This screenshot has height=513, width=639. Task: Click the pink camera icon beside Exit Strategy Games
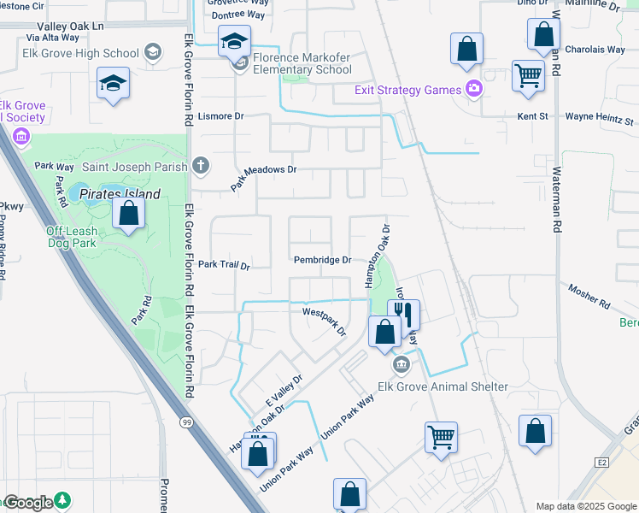click(x=472, y=89)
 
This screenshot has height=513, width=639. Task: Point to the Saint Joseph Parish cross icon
click(x=200, y=165)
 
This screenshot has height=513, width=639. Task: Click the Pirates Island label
click(x=120, y=194)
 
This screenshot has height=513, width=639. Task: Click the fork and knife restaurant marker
click(x=403, y=314)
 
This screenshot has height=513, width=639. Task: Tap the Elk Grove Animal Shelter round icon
click(x=401, y=366)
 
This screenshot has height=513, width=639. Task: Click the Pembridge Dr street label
click(x=322, y=260)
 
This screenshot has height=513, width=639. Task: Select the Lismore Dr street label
click(x=220, y=115)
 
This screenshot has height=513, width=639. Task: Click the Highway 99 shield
click(x=187, y=422)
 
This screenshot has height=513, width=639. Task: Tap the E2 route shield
click(x=601, y=463)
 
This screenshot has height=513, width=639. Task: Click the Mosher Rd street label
click(x=589, y=298)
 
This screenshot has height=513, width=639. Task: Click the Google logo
click(x=28, y=503)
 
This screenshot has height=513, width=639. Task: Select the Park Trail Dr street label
click(x=223, y=266)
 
